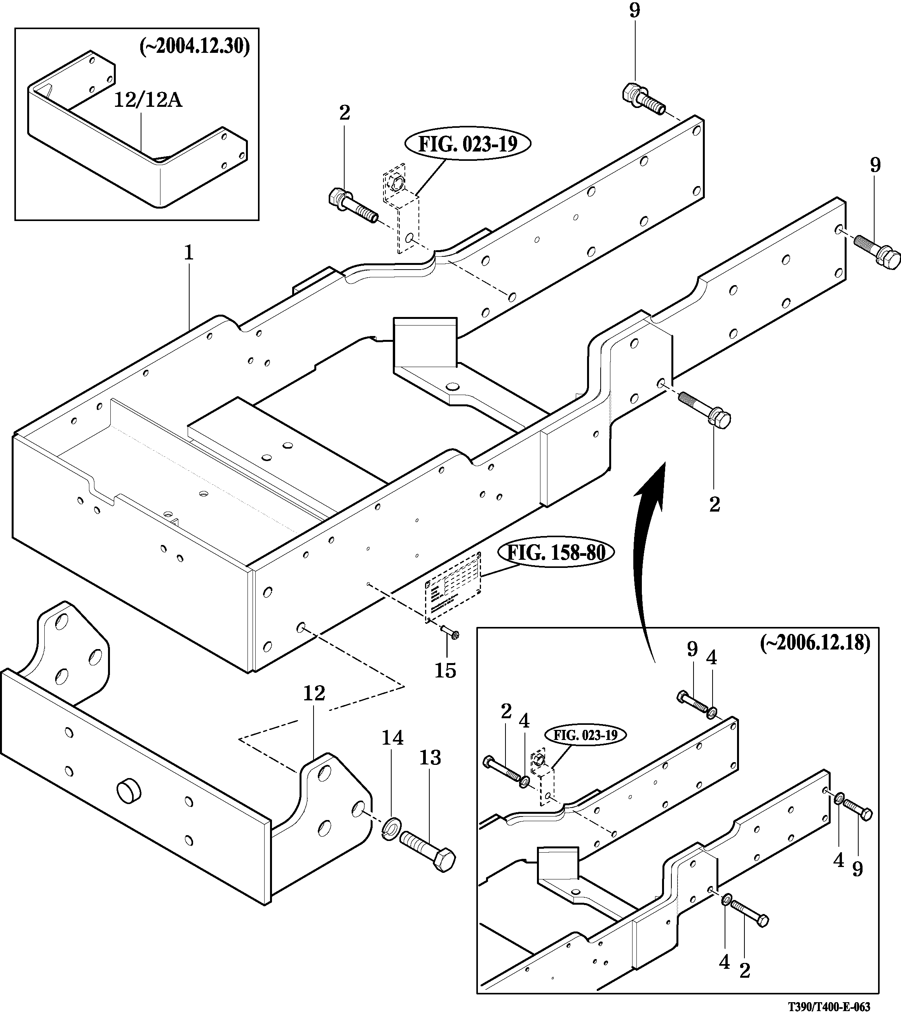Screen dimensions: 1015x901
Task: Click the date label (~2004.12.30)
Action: point(195,47)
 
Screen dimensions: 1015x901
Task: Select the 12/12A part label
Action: point(148,101)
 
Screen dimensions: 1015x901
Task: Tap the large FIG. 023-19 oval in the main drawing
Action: point(468,145)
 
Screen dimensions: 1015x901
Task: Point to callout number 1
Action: point(188,254)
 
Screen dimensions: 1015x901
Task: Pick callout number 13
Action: point(430,758)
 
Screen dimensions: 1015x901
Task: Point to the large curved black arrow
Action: point(648,556)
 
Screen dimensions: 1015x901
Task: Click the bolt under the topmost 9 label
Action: point(642,99)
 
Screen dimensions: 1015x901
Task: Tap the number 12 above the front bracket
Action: point(314,693)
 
